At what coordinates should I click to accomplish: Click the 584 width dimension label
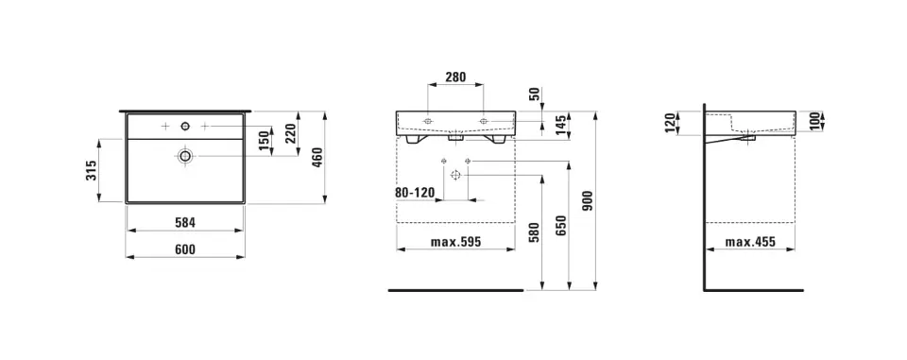pos(186,222)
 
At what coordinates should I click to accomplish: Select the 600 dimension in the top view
pos(186,249)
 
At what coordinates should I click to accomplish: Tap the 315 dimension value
pos(91,170)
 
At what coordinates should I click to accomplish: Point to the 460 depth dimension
pos(317,158)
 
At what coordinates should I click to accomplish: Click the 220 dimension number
pos(290,134)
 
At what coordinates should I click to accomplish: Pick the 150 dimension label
pos(264,142)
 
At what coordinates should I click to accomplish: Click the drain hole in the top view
pos(186,155)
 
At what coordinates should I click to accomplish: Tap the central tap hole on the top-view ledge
pos(186,126)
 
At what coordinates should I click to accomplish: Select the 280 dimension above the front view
pos(455,77)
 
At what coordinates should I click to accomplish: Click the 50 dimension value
pos(534,94)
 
